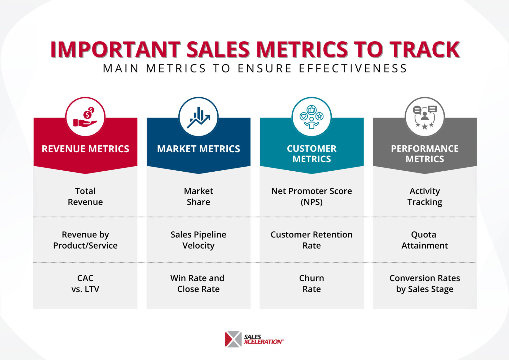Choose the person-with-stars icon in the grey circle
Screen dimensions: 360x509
coord(425,117)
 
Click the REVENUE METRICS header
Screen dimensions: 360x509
coord(85,149)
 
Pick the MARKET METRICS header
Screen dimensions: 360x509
coord(198,149)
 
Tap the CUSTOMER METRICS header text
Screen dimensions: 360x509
coord(311,154)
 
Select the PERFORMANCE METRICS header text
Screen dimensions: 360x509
coord(425,154)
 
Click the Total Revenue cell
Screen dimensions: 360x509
coord(85,196)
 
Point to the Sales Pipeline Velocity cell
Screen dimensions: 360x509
coord(198,240)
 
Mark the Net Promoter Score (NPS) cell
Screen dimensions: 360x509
coord(311,196)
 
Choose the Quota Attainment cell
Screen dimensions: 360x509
coord(425,240)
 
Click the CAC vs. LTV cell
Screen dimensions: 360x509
coord(85,283)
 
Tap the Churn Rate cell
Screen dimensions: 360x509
coord(311,283)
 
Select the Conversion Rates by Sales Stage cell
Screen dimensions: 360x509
coord(425,283)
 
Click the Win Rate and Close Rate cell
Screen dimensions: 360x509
coord(198,283)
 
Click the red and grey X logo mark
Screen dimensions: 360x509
coord(233,339)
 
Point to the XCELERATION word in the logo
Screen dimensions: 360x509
coord(263,342)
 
